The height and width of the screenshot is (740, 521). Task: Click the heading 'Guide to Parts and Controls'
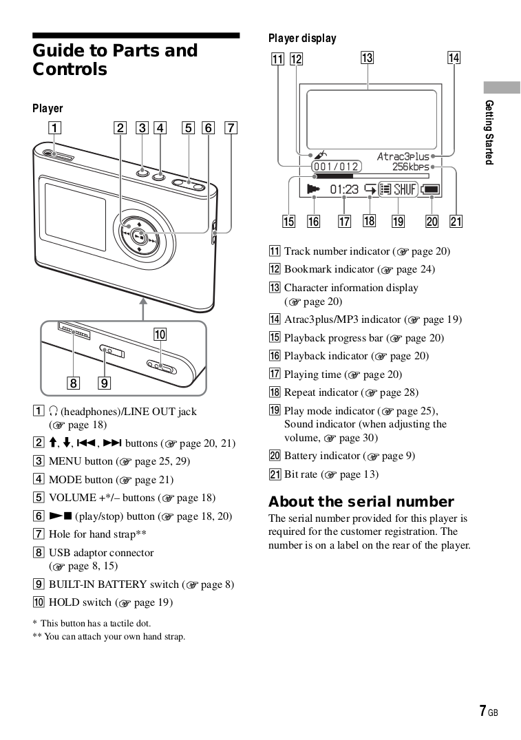115,60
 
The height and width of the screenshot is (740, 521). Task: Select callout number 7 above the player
231,127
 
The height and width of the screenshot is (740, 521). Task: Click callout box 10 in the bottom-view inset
160,335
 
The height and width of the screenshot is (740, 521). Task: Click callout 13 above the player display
368,58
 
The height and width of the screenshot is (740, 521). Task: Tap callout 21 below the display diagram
456,221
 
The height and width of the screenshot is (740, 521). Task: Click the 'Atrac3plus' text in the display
402,156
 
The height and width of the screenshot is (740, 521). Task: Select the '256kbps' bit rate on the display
410,167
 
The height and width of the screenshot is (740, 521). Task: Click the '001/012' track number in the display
336,167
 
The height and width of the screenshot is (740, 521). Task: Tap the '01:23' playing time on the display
344,189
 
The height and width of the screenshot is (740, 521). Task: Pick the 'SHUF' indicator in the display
405,189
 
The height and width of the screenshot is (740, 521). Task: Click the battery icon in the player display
432,189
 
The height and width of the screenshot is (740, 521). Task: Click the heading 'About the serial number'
361,501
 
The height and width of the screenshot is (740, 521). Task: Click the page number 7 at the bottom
483,711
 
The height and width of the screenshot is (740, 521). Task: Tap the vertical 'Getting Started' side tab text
489,131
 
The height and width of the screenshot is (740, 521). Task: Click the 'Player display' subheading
302,39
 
